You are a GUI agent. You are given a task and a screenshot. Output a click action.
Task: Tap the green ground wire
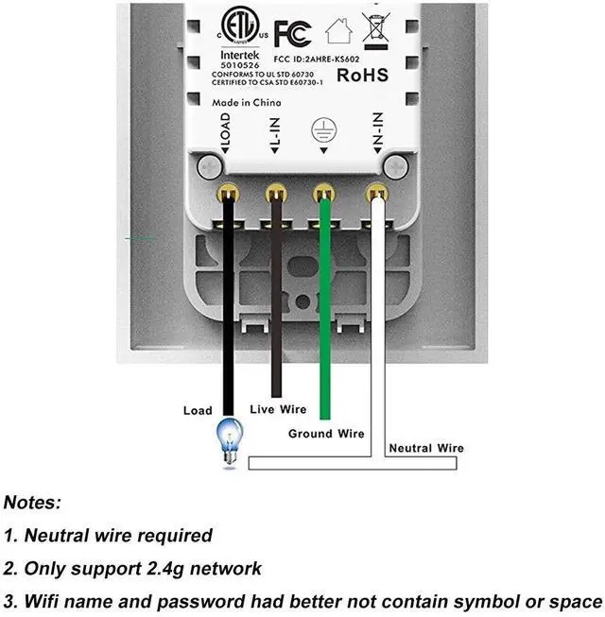[x=325, y=308]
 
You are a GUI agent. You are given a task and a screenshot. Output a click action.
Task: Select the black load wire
[x=229, y=305]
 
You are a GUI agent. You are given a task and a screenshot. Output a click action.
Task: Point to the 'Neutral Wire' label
[x=426, y=448]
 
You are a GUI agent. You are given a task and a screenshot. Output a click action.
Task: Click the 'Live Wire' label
[x=278, y=409]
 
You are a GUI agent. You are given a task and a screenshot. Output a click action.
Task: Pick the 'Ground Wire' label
[x=326, y=434]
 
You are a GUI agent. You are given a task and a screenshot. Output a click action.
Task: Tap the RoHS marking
[x=363, y=76]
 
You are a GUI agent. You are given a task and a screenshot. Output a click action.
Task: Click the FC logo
[x=292, y=34]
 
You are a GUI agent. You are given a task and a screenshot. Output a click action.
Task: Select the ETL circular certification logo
[x=240, y=25]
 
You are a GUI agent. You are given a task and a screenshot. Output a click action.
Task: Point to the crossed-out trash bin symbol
[x=376, y=30]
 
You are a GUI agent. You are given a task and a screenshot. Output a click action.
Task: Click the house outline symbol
[x=338, y=30]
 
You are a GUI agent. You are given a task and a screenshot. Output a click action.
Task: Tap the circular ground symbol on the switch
[x=323, y=130]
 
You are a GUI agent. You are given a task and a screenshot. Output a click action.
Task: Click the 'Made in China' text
[x=247, y=103]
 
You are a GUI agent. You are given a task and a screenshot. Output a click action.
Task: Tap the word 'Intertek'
[x=240, y=55]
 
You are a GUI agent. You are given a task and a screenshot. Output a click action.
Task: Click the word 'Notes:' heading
[x=32, y=503]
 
